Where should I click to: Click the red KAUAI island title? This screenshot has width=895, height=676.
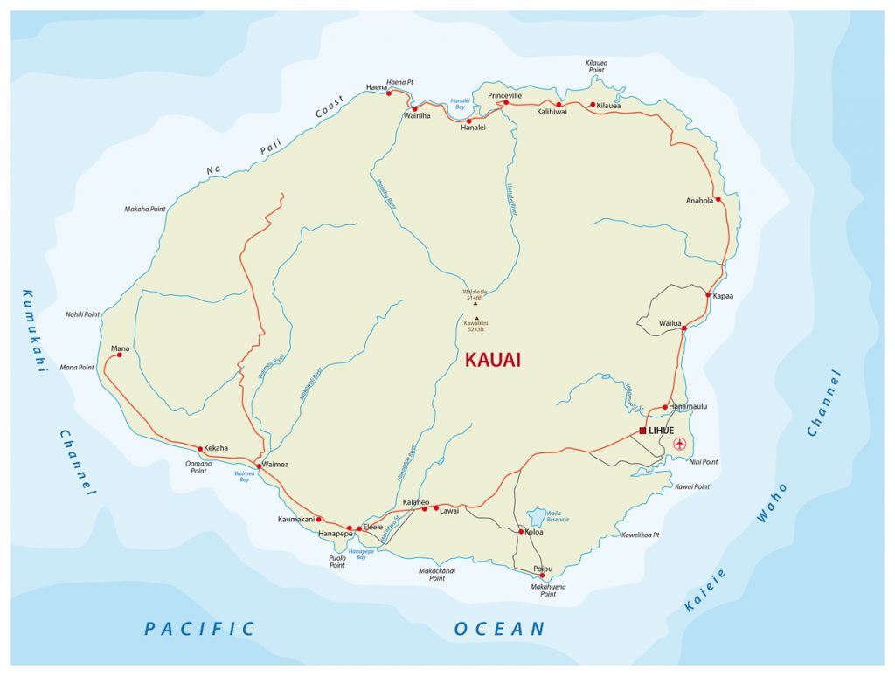pos(493,360)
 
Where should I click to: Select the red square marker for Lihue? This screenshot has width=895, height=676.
pos(642,431)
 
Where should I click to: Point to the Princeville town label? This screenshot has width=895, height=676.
pos(504,94)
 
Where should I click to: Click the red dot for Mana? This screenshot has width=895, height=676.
pos(120,355)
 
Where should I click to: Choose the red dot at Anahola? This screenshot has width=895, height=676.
pos(718,199)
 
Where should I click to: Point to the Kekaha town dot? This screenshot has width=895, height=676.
pos(200,449)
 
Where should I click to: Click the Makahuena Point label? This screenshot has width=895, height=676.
pos(547,590)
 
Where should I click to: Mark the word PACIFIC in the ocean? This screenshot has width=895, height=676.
pos(199,629)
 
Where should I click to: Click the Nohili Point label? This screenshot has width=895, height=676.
pos(83,314)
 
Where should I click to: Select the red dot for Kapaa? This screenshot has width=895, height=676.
pos(708,295)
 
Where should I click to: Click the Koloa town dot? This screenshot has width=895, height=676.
pos(522,531)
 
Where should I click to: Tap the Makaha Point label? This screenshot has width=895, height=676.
pos(145,210)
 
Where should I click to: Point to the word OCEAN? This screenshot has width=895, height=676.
pos(499,629)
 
